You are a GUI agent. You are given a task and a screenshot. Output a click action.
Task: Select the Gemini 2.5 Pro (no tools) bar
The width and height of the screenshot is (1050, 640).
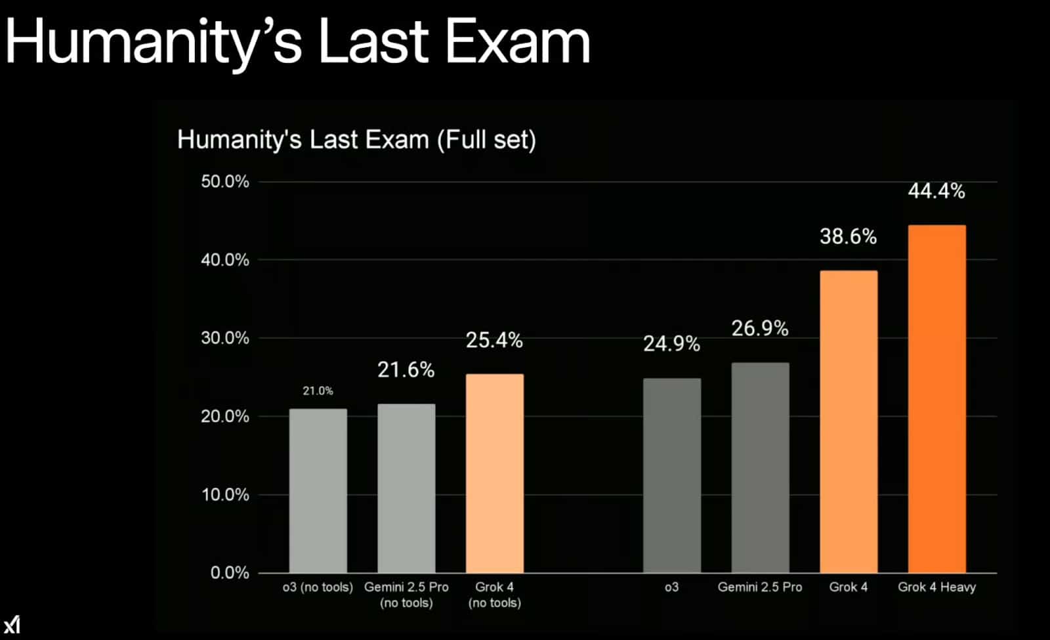tap(406, 488)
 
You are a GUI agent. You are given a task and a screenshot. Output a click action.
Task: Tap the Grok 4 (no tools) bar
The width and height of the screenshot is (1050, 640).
tap(495, 473)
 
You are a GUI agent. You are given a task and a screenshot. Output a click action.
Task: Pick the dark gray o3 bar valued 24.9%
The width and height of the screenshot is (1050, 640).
tap(671, 475)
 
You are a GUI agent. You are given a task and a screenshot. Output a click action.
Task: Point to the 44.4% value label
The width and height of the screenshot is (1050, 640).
tap(936, 191)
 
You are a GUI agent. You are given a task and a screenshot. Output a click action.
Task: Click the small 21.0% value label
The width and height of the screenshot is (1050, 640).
tap(318, 391)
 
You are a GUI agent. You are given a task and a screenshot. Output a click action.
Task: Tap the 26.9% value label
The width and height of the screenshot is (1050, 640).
tap(760, 328)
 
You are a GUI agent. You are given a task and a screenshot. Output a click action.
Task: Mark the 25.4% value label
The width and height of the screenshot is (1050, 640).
tap(494, 340)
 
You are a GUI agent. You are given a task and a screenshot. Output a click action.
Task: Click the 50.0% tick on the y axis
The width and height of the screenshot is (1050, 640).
tap(225, 182)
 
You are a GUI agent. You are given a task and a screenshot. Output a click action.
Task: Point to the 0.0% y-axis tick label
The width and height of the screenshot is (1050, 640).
tap(230, 572)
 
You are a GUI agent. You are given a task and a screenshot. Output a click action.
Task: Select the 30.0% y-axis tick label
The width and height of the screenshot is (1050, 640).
tap(225, 338)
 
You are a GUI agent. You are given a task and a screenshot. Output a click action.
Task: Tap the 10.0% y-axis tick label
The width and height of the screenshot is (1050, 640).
tap(225, 494)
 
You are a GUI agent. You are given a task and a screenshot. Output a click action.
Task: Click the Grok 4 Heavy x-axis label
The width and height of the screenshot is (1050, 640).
tap(936, 587)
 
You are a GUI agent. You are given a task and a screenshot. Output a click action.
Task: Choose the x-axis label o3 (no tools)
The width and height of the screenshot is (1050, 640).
tap(318, 587)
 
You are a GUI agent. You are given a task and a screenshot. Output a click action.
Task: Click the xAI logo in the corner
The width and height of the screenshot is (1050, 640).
tap(12, 624)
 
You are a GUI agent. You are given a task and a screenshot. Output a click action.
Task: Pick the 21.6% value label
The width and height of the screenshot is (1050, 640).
tap(406, 370)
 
